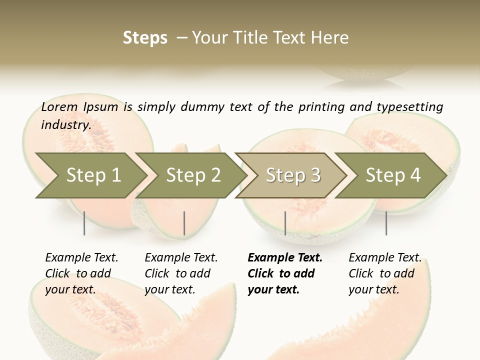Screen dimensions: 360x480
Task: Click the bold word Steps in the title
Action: click(145, 38)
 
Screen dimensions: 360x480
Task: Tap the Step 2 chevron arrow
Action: click(193, 175)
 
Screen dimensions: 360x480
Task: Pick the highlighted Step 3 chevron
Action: click(293, 175)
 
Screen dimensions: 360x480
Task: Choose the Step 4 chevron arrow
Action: click(393, 175)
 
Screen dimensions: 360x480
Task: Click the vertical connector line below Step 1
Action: click(84, 223)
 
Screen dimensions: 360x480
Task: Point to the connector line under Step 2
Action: click(184, 223)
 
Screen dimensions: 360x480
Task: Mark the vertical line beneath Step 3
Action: click(285, 223)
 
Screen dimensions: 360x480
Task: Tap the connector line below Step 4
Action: click(386, 223)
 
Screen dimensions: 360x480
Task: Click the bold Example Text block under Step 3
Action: click(284, 273)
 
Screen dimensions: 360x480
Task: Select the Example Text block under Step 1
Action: click(81, 273)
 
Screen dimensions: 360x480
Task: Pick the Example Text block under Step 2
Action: click(181, 273)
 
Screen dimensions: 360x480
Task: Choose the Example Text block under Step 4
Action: click(385, 273)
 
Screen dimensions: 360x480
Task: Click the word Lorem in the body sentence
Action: click(59, 107)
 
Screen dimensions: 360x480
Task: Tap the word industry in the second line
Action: click(65, 125)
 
